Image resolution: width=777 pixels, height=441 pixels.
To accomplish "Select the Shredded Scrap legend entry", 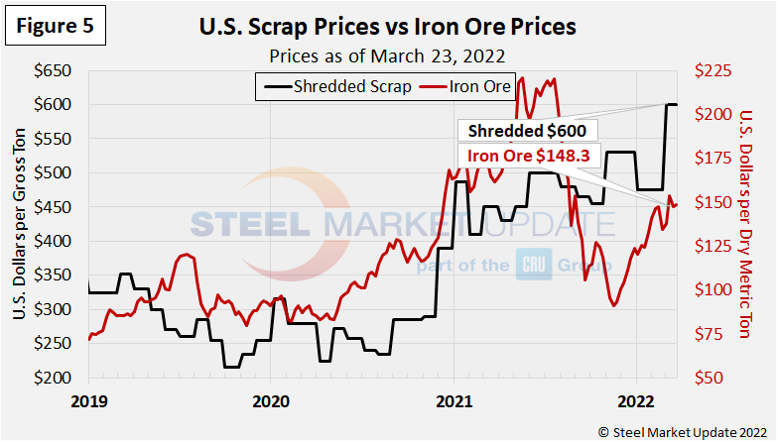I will pos(337,86).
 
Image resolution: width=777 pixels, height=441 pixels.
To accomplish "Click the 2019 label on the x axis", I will pos(88,403).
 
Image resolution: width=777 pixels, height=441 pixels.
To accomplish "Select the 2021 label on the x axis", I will pos(453,403).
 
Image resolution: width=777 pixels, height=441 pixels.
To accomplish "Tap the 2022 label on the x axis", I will pos(636,403).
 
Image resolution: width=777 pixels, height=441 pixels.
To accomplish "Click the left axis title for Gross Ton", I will pos(21,224).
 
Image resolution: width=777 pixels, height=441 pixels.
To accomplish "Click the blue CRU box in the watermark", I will pos(529,266).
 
